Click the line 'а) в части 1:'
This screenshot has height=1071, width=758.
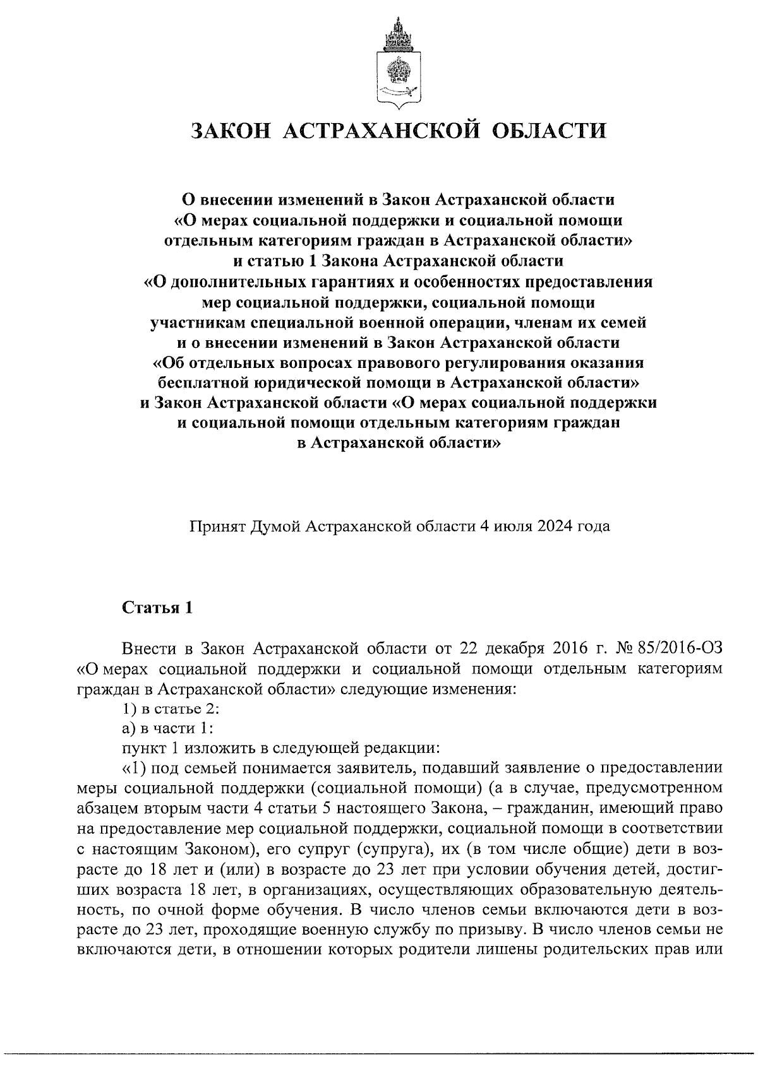click(167, 728)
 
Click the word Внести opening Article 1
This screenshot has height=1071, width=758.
click(147, 648)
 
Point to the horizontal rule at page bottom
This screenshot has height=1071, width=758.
click(379, 1053)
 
